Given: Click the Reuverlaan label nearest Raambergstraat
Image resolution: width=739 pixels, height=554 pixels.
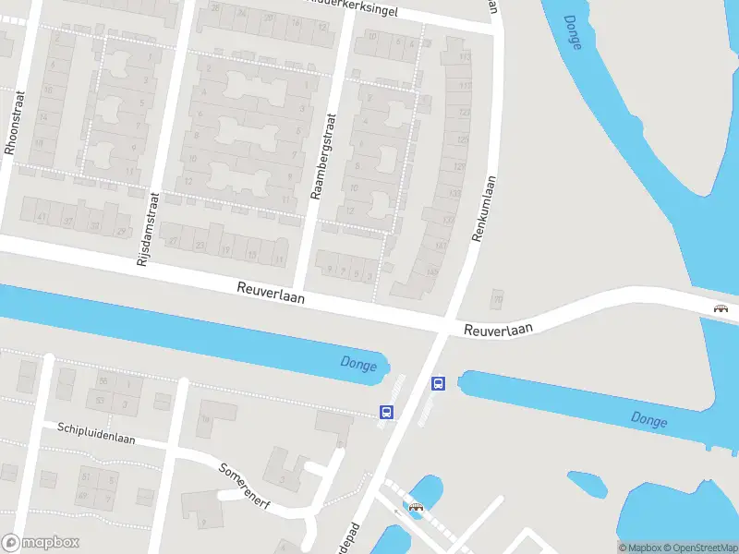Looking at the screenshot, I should [x=269, y=295].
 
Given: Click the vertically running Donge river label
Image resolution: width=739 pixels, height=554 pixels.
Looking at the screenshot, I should [x=573, y=32].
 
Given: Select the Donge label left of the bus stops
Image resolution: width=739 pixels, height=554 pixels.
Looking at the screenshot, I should [x=358, y=365].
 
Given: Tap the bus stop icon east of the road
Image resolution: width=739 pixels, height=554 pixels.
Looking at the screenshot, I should [x=439, y=383].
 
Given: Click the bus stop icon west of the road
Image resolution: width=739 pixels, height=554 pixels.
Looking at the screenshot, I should [x=387, y=413].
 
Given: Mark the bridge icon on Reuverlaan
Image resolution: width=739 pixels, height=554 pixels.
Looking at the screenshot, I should [x=721, y=309].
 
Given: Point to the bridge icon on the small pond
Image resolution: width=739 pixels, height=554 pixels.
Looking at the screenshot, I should [x=416, y=506].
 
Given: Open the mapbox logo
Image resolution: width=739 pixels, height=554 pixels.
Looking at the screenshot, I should [x=40, y=543].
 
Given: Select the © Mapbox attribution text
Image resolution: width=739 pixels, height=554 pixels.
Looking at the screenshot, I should [x=639, y=548].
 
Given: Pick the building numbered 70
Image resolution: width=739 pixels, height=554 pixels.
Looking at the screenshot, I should [x=498, y=300].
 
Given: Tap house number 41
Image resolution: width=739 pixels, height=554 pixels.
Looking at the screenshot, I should [x=42, y=217].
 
